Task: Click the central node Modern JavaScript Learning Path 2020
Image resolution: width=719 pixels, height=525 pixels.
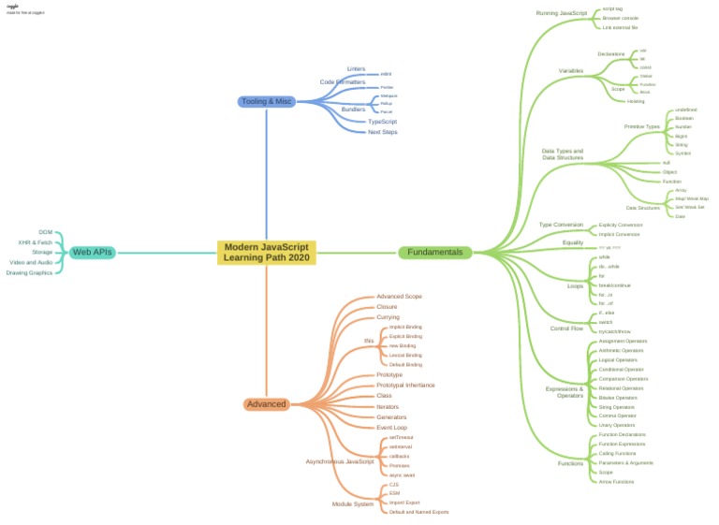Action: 267,252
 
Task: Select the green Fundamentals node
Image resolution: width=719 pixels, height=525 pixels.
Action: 435,252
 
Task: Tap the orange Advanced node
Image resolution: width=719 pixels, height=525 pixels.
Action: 266,404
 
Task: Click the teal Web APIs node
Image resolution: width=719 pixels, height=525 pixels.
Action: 93,252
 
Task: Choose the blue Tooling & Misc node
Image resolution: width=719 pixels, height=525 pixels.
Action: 267,101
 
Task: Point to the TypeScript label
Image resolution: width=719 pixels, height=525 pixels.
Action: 382,122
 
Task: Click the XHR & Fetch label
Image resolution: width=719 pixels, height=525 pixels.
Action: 36,241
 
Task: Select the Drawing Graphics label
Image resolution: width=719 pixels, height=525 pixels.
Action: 29,272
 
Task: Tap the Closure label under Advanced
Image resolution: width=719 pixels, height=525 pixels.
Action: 387,307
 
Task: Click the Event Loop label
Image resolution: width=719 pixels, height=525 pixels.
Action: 391,427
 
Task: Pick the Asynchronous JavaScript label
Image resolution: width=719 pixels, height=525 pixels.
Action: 340,461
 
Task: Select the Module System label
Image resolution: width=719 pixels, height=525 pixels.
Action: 353,503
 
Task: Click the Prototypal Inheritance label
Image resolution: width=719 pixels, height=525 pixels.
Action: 404,385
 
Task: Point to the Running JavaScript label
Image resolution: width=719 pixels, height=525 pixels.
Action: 561,13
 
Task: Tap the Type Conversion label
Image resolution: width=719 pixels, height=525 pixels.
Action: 561,225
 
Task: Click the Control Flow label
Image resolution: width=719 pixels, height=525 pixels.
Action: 566,328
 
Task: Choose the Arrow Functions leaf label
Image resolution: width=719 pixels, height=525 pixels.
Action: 616,482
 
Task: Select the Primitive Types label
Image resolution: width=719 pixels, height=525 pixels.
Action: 641,126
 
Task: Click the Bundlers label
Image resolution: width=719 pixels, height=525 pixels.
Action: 353,109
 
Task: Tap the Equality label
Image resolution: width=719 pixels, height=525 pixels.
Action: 573,243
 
